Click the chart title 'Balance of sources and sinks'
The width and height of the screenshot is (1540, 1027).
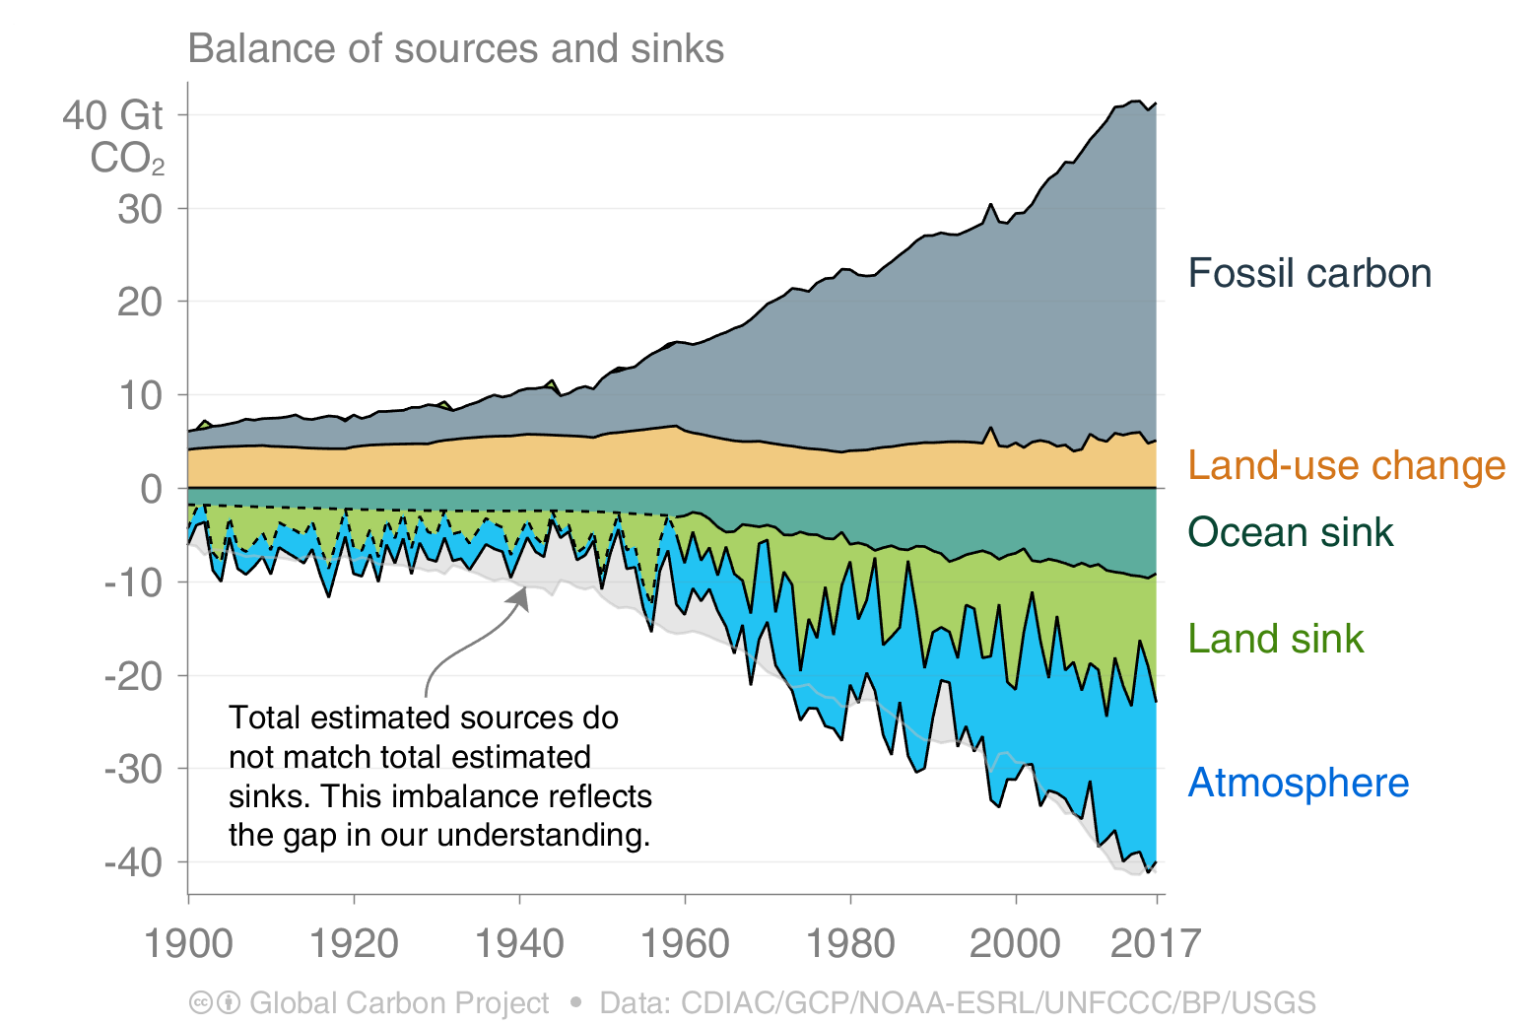tap(455, 48)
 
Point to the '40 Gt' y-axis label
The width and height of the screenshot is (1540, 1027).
tap(112, 115)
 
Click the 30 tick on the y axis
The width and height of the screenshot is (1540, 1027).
tap(140, 209)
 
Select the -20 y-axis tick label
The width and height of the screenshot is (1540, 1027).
tap(133, 676)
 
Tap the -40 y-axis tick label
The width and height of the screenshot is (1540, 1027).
tap(133, 862)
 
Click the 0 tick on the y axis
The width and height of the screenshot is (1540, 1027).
tap(151, 489)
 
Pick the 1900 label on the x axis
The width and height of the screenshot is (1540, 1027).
tap(188, 944)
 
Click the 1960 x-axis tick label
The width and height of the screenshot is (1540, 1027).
tap(685, 944)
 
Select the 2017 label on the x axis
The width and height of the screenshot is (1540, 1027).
tap(1155, 944)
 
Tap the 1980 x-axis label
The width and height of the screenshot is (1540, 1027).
tap(850, 944)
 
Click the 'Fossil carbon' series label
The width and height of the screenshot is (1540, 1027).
tap(1308, 273)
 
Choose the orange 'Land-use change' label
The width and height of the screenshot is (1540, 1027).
tap(1346, 465)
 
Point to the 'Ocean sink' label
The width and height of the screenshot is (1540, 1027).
tap(1290, 532)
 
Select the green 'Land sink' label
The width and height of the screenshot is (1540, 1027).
tap(1275, 639)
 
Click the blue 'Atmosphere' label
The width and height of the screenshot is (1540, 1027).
tap(1298, 783)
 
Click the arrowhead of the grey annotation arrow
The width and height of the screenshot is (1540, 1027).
tap(522, 595)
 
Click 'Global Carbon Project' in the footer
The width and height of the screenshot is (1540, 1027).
tap(399, 1003)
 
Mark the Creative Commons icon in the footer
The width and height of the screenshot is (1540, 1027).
tap(201, 1003)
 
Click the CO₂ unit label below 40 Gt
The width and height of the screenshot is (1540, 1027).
tap(127, 159)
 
